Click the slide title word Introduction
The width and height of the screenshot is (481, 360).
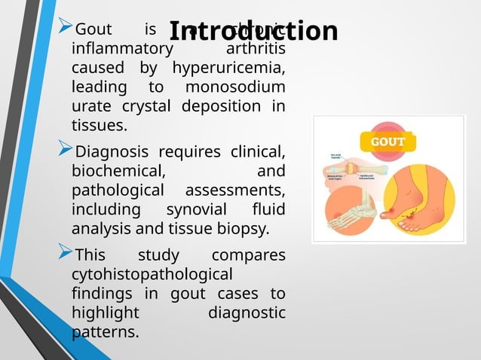click(253, 31)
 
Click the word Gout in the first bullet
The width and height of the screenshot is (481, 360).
click(94, 30)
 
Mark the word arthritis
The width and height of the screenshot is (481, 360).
click(256, 49)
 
